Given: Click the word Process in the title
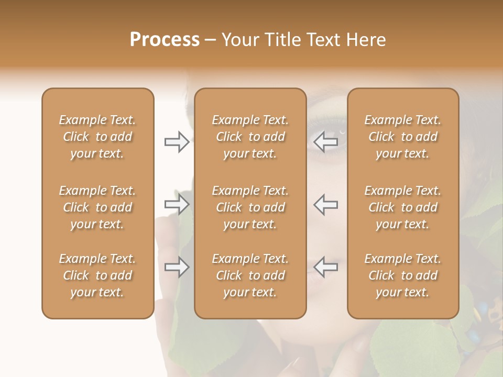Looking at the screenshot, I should tap(165, 40).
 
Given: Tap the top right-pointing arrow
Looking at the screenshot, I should tap(177, 142).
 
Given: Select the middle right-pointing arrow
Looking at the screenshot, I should tap(177, 205).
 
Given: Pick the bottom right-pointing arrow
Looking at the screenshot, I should tap(177, 268).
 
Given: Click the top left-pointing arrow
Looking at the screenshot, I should tap(325, 142).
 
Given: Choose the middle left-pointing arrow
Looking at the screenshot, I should tap(325, 205).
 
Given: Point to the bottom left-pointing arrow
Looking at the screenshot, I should tap(325, 268).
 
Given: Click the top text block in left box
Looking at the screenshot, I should tap(97, 137).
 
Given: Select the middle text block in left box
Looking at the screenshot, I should tap(97, 207).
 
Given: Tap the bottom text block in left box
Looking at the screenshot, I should tap(97, 275).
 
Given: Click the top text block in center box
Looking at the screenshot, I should tap(250, 137).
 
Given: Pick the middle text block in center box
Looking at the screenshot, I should tap(250, 207).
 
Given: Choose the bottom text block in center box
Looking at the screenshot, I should tap(250, 275).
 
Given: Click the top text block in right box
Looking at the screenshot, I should tap(402, 137).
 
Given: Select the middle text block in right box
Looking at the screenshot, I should tap(402, 207).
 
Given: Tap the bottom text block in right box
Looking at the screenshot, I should tap(402, 275).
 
